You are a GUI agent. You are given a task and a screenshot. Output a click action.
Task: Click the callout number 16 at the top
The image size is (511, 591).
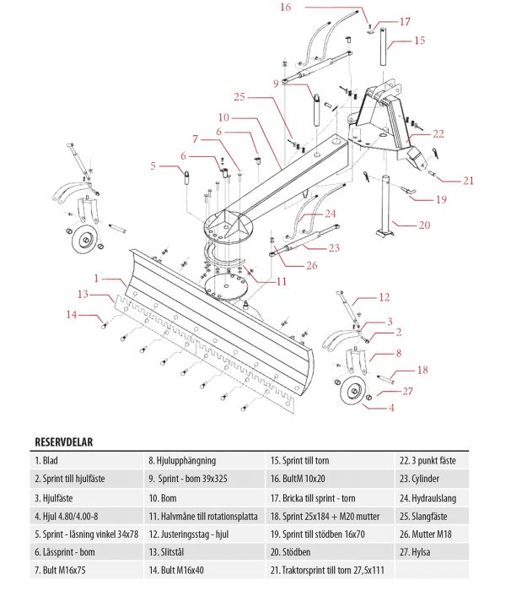285,8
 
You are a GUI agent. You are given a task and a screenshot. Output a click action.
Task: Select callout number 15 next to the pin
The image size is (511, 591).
419,40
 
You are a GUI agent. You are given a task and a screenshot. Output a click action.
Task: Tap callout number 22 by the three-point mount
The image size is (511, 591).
438,133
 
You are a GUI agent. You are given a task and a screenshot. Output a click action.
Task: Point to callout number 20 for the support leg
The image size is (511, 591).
424,225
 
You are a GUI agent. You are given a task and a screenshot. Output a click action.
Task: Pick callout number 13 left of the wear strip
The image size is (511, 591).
83,295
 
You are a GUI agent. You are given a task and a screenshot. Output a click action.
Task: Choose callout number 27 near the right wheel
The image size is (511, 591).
408,391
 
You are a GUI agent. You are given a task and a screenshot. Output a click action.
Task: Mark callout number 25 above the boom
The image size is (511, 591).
239,97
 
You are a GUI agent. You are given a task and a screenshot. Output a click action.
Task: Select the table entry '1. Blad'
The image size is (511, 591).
48,461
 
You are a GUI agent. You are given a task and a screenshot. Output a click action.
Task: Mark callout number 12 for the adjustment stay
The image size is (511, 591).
384,297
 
